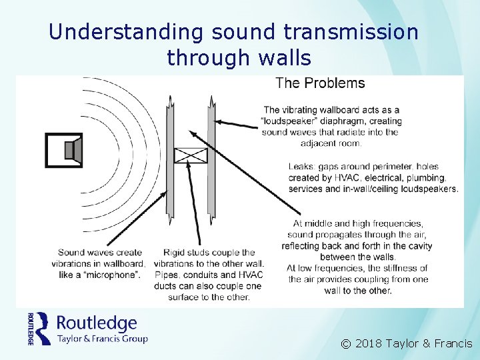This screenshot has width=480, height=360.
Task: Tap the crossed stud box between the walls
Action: (191, 156)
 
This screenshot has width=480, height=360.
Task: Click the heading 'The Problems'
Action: (320, 83)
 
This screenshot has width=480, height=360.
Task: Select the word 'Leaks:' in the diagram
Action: (301, 167)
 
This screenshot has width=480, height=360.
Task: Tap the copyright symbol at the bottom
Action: (345, 344)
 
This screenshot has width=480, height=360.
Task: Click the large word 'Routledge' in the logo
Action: (97, 323)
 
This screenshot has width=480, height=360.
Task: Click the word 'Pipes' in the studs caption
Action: (166, 275)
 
